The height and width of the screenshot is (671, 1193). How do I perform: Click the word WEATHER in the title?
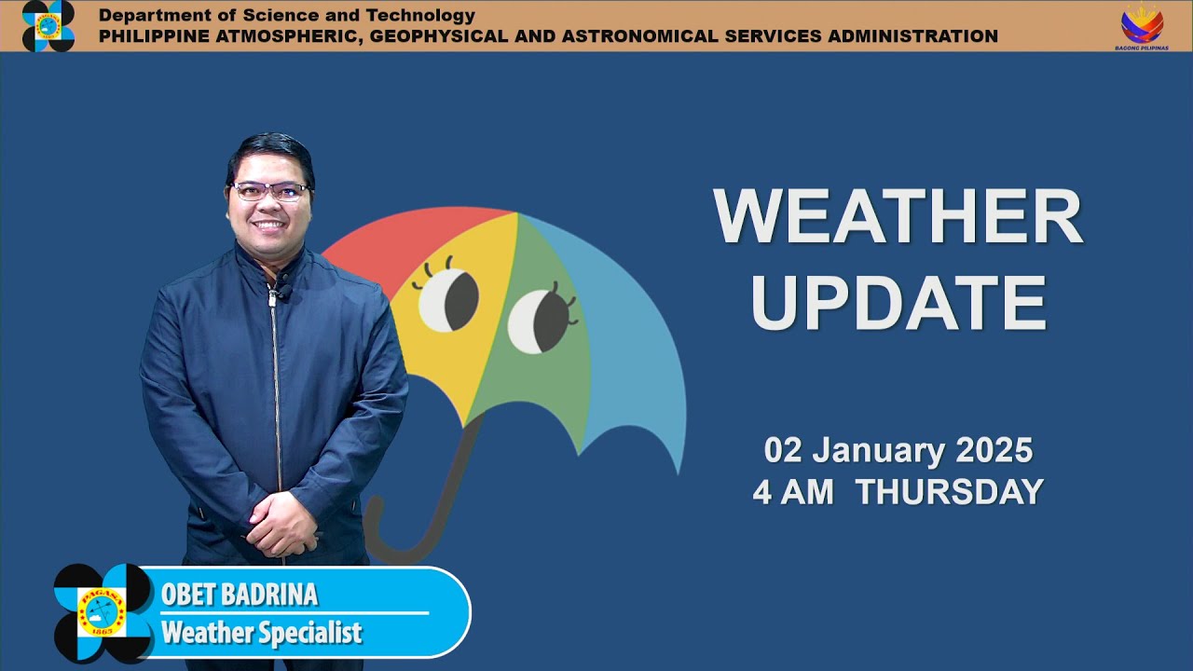pos(898,217)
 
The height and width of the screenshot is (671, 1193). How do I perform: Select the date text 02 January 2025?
pos(898,450)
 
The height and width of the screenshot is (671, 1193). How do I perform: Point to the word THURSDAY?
pos(949,492)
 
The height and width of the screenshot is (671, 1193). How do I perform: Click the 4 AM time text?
pos(792,492)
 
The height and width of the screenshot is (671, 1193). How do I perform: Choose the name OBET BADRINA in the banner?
pos(240,595)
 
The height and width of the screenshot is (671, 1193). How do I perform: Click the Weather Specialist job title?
pos(261,634)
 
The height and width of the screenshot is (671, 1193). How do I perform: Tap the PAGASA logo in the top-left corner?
pos(48,25)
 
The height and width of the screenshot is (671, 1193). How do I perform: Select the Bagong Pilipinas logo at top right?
pos(1142,25)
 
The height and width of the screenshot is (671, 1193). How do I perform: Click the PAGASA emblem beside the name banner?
pos(102,612)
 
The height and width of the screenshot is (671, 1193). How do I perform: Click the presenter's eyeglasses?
pos(270,192)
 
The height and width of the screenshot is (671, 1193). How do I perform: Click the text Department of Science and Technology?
pos(287,15)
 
